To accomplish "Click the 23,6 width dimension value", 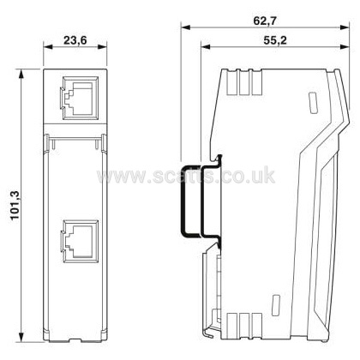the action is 75,40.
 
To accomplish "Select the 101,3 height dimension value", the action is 15,206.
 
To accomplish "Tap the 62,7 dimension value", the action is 265,21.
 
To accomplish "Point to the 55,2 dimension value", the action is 275,40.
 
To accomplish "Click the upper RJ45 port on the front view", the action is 81,98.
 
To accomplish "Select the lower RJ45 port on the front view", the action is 81,241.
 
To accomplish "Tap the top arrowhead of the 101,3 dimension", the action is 21,74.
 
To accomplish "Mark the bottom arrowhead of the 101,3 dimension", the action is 21,337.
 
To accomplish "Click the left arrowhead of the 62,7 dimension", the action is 185,27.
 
